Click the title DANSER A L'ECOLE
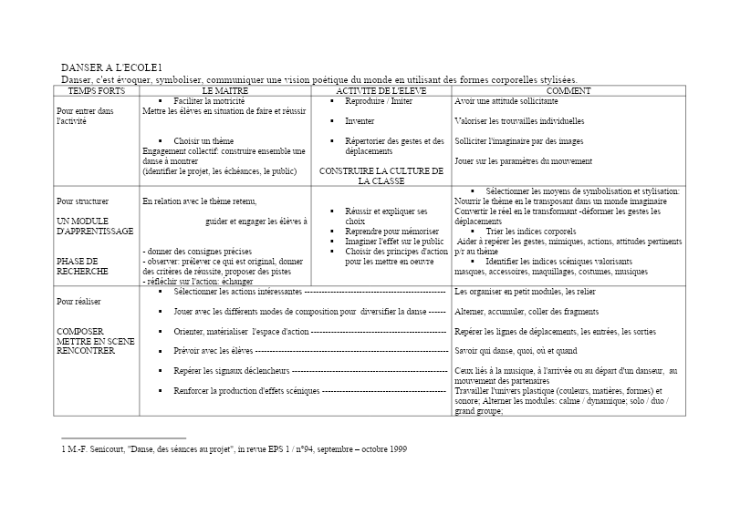click(x=111, y=68)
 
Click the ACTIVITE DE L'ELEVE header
click(x=381, y=91)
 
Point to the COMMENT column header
click(x=568, y=91)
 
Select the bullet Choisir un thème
click(x=203, y=141)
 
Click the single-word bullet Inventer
click(x=360, y=120)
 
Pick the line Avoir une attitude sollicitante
click(x=506, y=100)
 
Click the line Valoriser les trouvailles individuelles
click(x=519, y=120)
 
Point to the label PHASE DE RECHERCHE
click(x=82, y=266)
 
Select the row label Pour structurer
click(x=82, y=201)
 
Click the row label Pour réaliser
click(x=79, y=301)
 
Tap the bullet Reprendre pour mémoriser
click(x=392, y=232)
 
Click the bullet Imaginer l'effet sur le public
click(x=394, y=242)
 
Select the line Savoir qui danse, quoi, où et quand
click(x=516, y=351)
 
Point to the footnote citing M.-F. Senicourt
click(x=234, y=449)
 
